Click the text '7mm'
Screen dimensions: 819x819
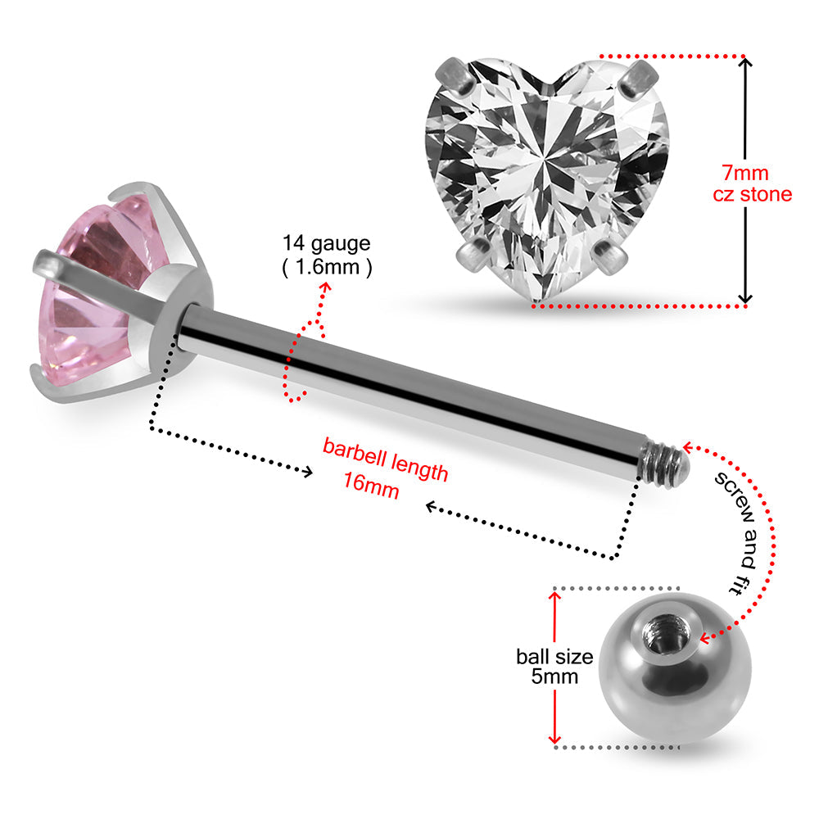pyautogui.click(x=744, y=174)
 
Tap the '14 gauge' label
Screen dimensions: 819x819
pyautogui.click(x=327, y=242)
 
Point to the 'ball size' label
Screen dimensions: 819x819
pyautogui.click(x=554, y=656)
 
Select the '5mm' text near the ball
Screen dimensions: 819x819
pyautogui.click(x=554, y=676)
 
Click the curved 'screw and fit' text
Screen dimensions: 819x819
pyautogui.click(x=736, y=532)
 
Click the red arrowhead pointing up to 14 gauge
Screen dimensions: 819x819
pyautogui.click(x=326, y=287)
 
